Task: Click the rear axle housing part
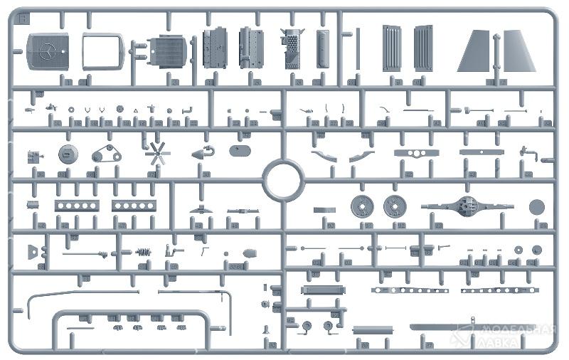(467, 206)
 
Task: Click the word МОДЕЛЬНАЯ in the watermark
(516, 330)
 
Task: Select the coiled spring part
(144, 252)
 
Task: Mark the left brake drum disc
(363, 206)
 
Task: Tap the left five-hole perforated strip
(76, 206)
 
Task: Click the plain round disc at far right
(537, 206)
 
